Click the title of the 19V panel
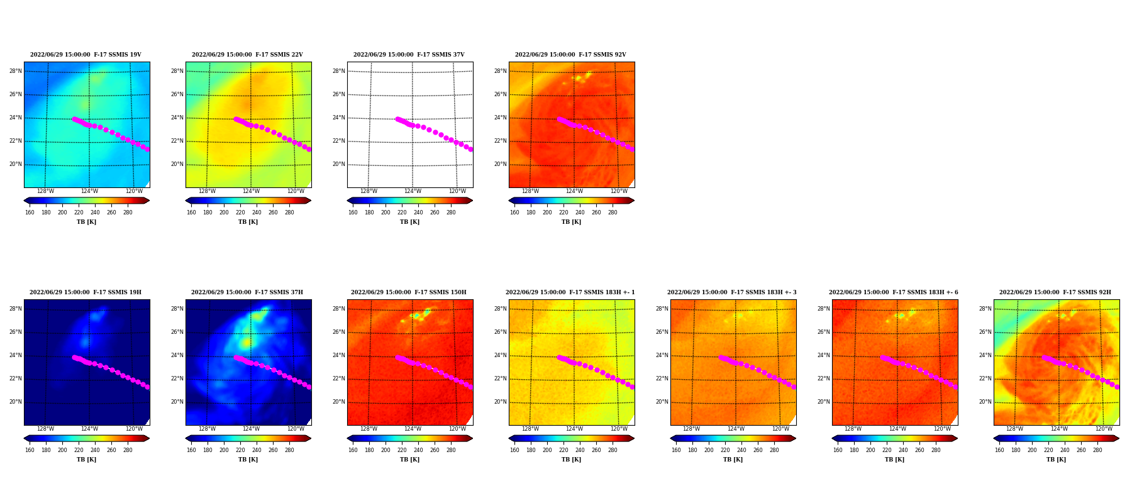[x=86, y=55]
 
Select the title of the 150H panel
[x=409, y=292]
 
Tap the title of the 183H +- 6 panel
[x=894, y=292]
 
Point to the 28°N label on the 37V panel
[x=339, y=71]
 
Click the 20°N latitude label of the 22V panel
[x=177, y=164]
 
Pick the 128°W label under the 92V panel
[x=530, y=192]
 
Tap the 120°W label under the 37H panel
[x=296, y=429]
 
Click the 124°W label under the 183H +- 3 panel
[x=736, y=429]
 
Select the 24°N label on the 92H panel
[x=985, y=355]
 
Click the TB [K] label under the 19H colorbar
[x=86, y=460]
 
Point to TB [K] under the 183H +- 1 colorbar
[x=571, y=460]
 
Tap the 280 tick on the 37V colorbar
[x=451, y=213]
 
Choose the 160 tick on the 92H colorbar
[x=999, y=450]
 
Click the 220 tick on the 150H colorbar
[x=402, y=450]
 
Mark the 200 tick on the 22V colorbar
[x=224, y=213]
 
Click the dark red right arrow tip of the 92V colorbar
[x=634, y=201]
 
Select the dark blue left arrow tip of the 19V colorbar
[x=25, y=201]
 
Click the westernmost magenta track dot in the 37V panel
[x=397, y=119]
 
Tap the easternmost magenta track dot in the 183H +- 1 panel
[x=632, y=387]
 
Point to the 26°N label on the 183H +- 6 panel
[x=824, y=332]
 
